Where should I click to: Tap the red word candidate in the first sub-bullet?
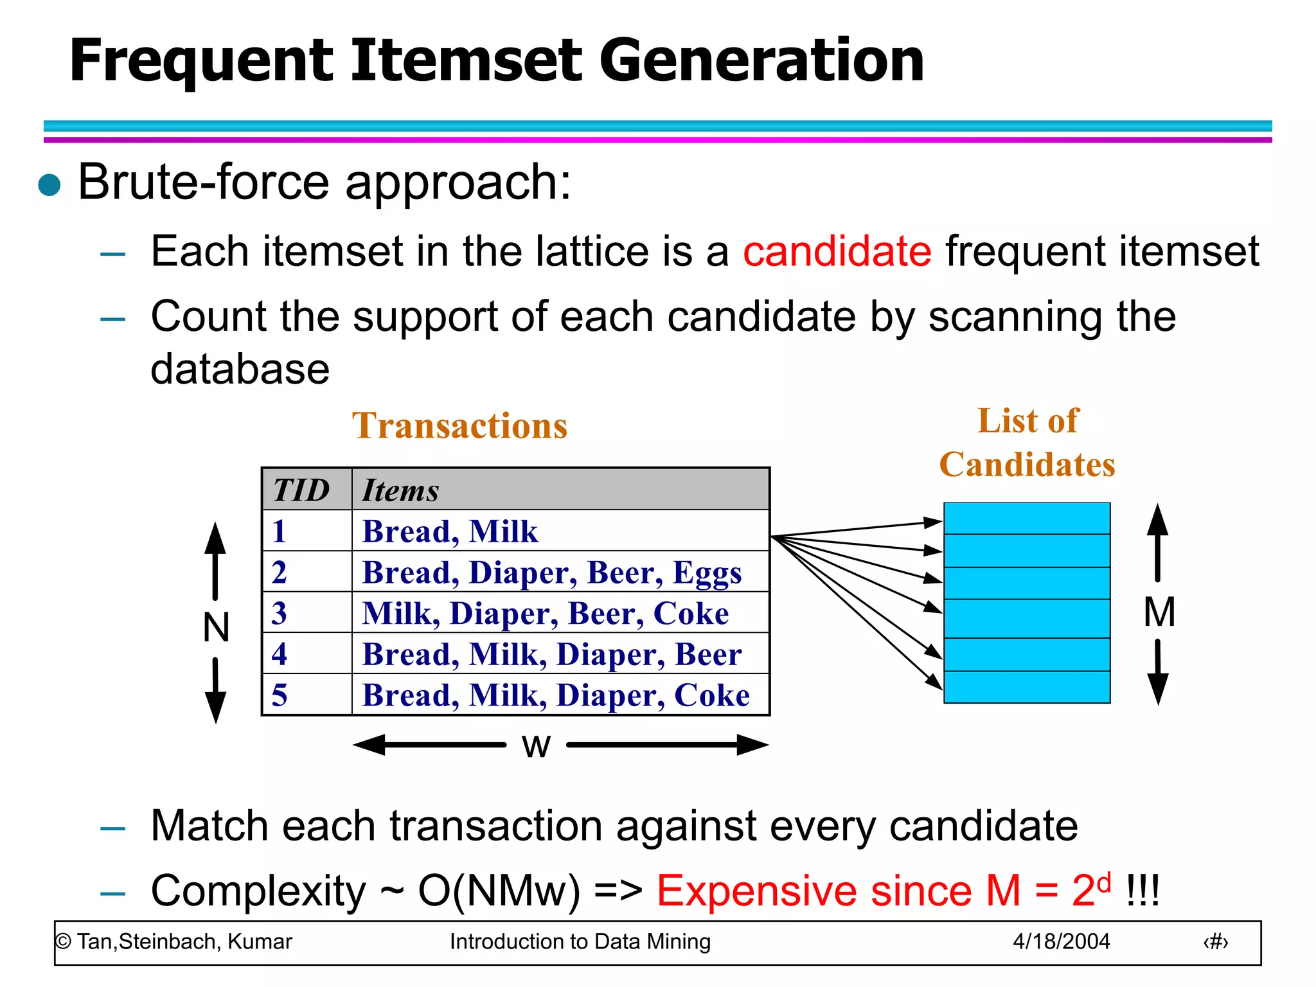pos(837,251)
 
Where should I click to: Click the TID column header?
pos(301,490)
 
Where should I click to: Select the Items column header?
pos(400,490)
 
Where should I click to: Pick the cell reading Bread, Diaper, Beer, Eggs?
pos(551,572)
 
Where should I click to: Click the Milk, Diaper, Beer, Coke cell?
pos(545,613)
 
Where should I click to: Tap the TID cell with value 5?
pos(280,695)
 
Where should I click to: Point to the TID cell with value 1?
pos(279,531)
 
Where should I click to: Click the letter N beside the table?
pos(216,627)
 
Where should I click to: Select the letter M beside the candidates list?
pos(1159,612)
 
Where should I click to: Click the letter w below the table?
pos(536,746)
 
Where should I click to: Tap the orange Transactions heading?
pos(459,426)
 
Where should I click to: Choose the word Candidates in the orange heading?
pos(1027,465)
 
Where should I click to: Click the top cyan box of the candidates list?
pos(1027,519)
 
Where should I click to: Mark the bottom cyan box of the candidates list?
pos(1027,687)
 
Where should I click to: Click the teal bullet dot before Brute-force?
pos(49,185)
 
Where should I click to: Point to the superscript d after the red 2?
pos(1104,882)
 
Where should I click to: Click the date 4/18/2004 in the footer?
pos(1061,941)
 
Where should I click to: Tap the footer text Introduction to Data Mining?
pos(580,941)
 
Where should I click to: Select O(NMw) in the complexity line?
pos(499,891)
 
